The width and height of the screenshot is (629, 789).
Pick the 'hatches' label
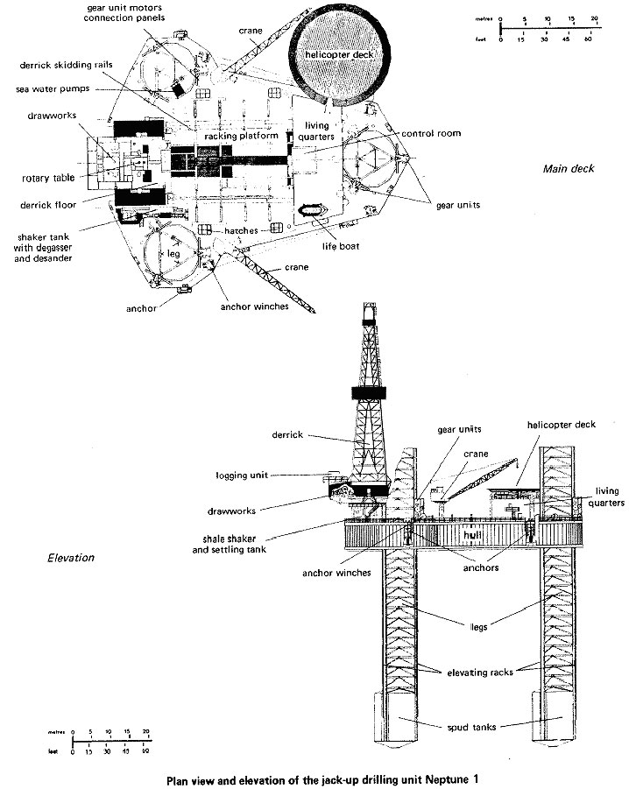pyautogui.click(x=240, y=230)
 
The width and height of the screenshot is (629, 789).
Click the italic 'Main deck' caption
pyautogui.click(x=568, y=169)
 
